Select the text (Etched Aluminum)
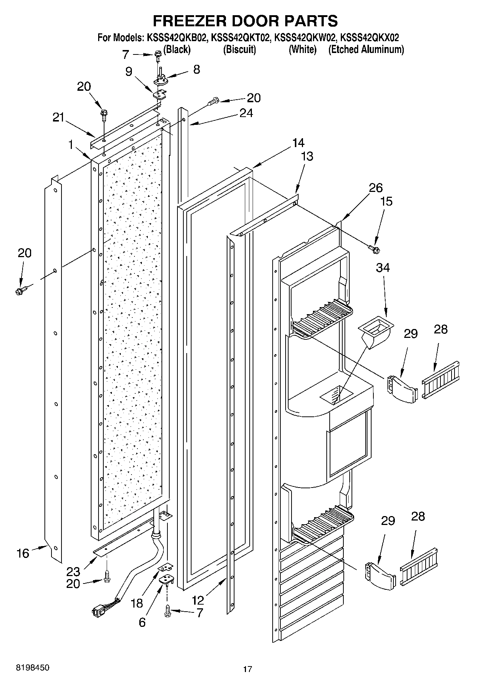point(366,50)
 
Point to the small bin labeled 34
point(375,330)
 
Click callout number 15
point(386,202)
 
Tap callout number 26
point(375,188)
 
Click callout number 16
point(23,553)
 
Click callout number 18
point(137,603)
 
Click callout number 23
point(74,571)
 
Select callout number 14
point(298,143)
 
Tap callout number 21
point(58,117)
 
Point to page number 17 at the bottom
point(247,669)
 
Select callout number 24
point(246,113)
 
